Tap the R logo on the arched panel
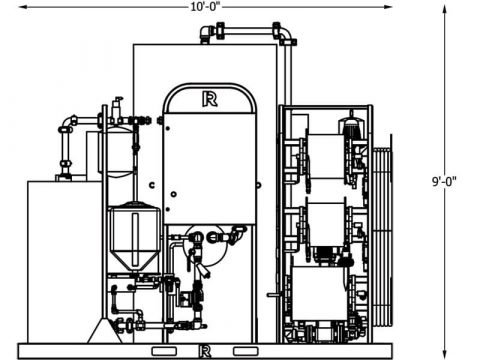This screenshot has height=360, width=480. [x=210, y=98]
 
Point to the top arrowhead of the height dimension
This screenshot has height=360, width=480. [x=443, y=7]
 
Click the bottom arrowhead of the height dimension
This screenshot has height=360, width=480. [x=443, y=354]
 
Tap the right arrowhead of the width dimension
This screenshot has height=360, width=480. [x=391, y=7]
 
